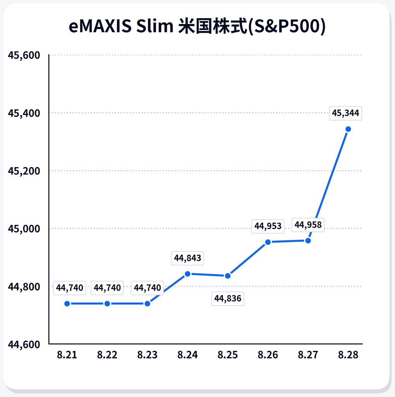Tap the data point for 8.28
(x=348, y=129)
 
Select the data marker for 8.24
(x=188, y=274)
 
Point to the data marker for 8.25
(x=228, y=276)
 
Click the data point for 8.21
(x=67, y=304)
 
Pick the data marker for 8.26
(x=268, y=242)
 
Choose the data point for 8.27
(x=308, y=240)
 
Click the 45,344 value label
(x=345, y=113)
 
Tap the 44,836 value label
(x=228, y=299)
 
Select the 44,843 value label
(x=188, y=258)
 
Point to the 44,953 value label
(x=268, y=226)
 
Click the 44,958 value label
(x=308, y=225)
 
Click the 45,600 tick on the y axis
(x=24, y=55)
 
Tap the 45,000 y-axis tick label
(x=24, y=229)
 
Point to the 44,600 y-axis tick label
(x=24, y=344)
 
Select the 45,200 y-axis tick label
(x=24, y=171)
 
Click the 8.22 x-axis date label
(x=107, y=355)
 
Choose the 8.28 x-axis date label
(x=348, y=355)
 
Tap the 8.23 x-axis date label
(x=147, y=355)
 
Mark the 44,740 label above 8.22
(x=107, y=288)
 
